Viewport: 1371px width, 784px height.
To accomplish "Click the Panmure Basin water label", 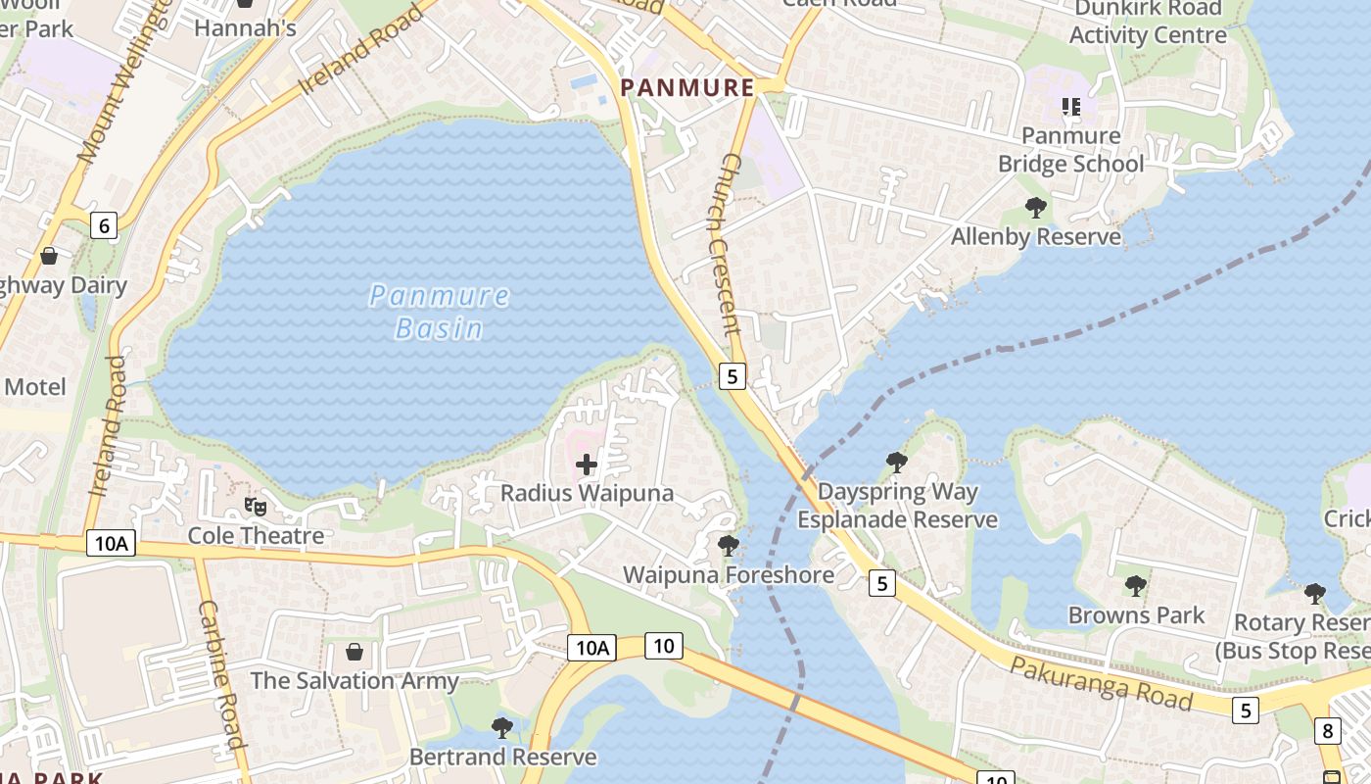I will click(440, 311).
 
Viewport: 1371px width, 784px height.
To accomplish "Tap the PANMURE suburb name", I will click(687, 87).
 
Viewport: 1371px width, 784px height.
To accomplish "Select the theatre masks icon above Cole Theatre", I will click(256, 506).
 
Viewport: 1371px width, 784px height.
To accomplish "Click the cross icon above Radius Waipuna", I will click(587, 464).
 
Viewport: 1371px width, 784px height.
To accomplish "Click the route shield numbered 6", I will click(104, 225).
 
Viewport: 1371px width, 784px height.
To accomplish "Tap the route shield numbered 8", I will click(1328, 730).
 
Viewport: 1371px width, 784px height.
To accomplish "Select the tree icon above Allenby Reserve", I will click(1035, 207).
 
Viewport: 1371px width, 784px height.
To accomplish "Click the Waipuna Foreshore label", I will click(729, 574).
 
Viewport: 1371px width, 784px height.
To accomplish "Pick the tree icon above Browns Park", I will click(1135, 586).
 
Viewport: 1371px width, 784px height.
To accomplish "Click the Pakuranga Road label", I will click(1101, 684).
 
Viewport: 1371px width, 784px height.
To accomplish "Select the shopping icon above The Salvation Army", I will click(355, 652).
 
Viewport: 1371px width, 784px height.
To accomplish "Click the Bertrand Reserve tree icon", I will click(502, 727).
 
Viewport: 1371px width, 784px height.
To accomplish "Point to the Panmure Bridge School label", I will click(1070, 149).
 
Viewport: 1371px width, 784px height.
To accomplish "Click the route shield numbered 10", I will click(664, 645).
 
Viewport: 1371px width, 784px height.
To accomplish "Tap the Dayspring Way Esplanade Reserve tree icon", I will click(896, 462).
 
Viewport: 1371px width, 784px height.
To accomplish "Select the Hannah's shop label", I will click(245, 27).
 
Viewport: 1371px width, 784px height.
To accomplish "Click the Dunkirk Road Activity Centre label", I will click(1148, 22).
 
